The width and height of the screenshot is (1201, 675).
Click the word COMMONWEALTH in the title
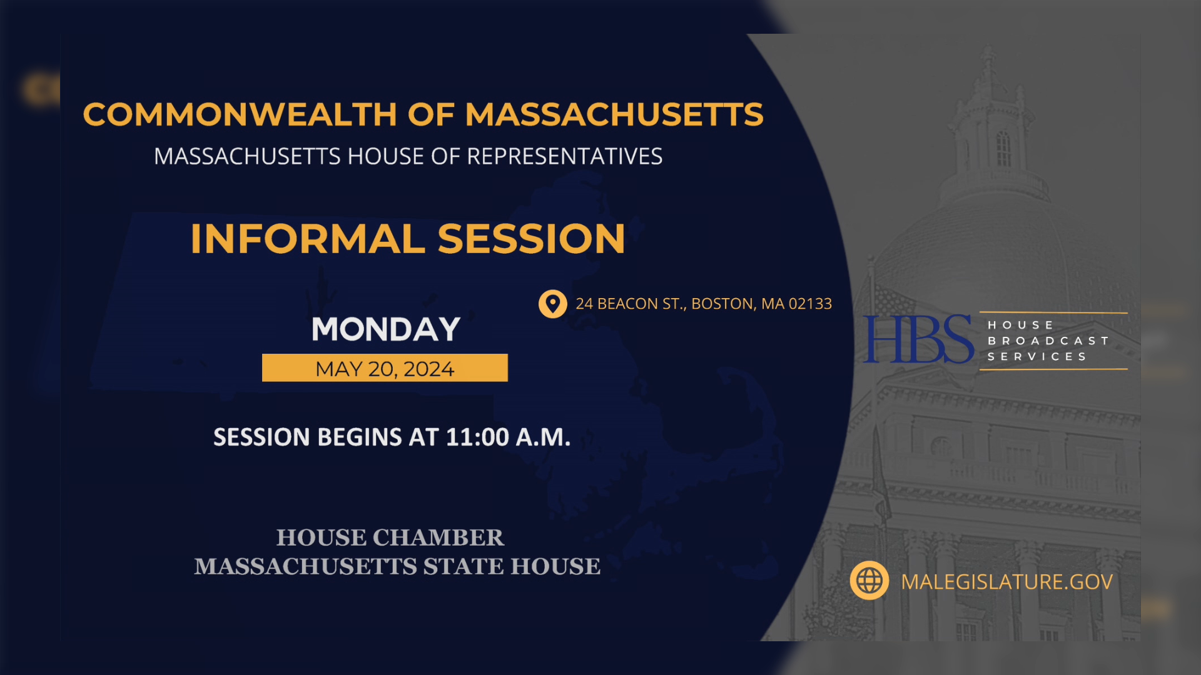coord(240,115)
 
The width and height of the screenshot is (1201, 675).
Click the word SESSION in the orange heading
coord(531,239)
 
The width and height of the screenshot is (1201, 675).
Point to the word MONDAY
coord(385,329)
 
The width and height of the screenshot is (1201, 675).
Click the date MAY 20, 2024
coord(385,369)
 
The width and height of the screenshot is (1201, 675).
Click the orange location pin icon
coord(552,304)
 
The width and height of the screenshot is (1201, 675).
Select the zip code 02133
coord(810,304)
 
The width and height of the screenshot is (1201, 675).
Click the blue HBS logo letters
coord(918,339)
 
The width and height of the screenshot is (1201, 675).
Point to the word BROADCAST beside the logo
coord(1048,341)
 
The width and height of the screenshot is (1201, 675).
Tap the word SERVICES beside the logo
coord(1037,356)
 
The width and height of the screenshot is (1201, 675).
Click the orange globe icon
coord(869,581)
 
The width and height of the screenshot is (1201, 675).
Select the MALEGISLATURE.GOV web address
coord(1006,582)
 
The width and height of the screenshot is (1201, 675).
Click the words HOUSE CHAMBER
coord(390,537)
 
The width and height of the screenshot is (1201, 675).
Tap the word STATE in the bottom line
coord(463,566)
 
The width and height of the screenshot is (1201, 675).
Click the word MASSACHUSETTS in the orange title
coord(614,115)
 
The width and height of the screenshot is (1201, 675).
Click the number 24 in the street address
coord(584,304)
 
